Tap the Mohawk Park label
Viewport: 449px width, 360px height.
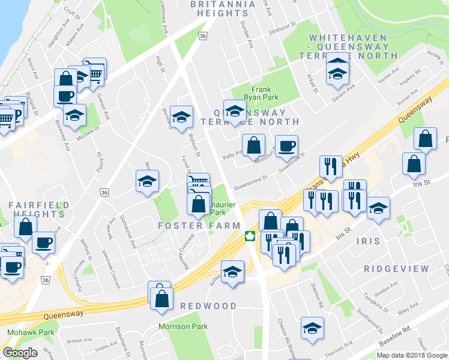(x=31, y=332)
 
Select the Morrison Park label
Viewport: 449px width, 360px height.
(x=182, y=327)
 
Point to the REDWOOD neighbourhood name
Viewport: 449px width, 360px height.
(x=209, y=306)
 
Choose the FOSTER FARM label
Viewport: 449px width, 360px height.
(x=199, y=226)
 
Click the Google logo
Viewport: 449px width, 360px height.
(x=20, y=352)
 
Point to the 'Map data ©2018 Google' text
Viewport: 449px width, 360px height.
(x=412, y=355)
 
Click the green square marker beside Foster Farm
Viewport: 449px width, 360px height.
(x=249, y=235)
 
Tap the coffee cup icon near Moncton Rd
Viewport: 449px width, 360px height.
(x=286, y=145)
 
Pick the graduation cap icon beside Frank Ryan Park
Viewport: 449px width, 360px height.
(x=235, y=110)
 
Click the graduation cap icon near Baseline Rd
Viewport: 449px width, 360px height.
(x=312, y=328)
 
